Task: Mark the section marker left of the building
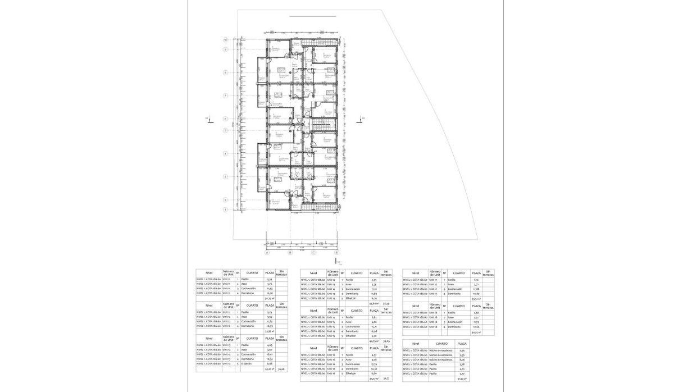pyautogui.click(x=206, y=118)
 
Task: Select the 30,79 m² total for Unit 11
pyautogui.click(x=268, y=298)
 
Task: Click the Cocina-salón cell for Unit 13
pyautogui.click(x=252, y=355)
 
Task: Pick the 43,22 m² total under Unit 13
pyautogui.click(x=268, y=369)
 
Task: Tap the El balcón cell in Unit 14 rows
pyautogui.click(x=355, y=298)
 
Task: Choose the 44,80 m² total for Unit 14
pyautogui.click(x=372, y=303)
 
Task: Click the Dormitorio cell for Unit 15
pyautogui.click(x=356, y=331)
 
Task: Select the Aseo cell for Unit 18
pyautogui.click(x=459, y=317)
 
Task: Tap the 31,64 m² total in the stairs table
pyautogui.click(x=461, y=378)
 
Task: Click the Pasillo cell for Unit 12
pyautogui.click(x=252, y=312)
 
